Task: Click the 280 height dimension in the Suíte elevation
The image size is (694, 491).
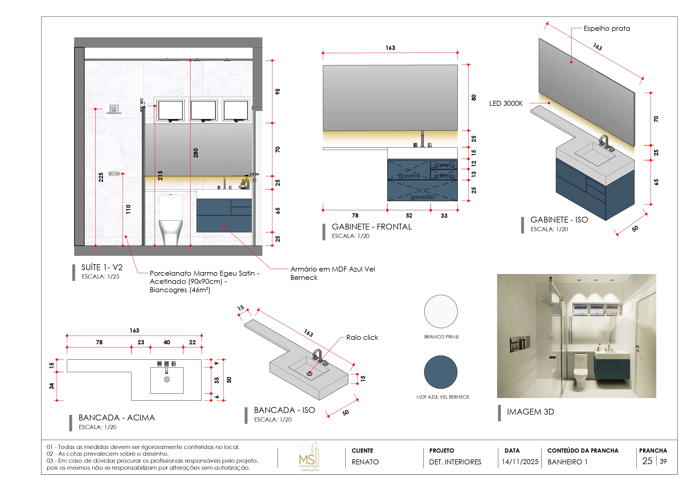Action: coord(196,153)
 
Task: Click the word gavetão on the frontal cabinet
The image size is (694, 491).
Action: coord(422,197)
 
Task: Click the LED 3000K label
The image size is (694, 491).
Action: coord(506,104)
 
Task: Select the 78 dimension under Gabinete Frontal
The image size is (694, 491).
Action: coord(355,215)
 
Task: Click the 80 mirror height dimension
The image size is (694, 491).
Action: coord(474,97)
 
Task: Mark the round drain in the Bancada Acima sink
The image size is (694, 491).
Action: coord(167,379)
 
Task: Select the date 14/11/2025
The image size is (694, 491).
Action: coord(520,462)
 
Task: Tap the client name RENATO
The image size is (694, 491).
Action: coord(365,462)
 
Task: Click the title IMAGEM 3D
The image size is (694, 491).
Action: coord(530,412)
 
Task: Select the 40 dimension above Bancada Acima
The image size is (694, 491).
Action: coord(166,342)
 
